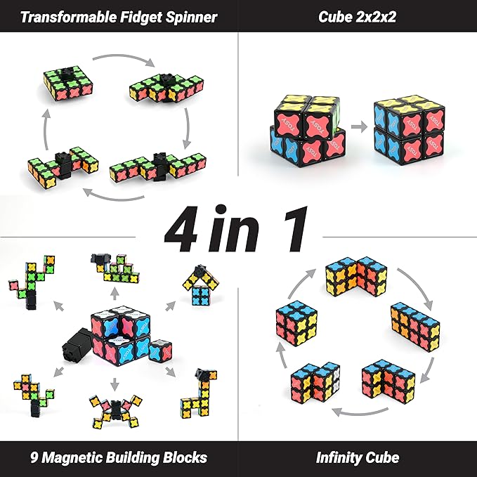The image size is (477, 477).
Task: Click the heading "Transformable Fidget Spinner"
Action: point(119,16)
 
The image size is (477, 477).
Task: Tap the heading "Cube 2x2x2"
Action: point(357,16)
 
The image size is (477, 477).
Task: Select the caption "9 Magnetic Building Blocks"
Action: point(119,458)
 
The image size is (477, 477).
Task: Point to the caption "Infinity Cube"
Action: point(357,458)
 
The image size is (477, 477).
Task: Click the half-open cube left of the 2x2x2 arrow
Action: point(306,126)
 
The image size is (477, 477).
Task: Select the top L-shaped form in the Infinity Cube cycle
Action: point(355,277)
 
